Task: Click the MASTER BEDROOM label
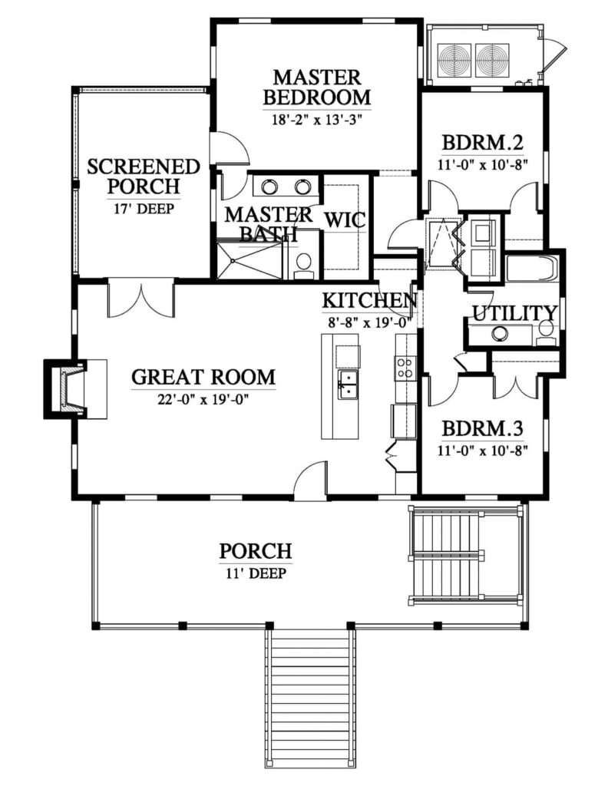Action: pyautogui.click(x=317, y=87)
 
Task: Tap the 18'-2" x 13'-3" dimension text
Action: pyautogui.click(x=317, y=121)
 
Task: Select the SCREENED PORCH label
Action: pyautogui.click(x=144, y=176)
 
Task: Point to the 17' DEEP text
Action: pyautogui.click(x=143, y=209)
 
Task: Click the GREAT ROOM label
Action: pyautogui.click(x=203, y=376)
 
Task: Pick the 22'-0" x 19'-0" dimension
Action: pyautogui.click(x=203, y=399)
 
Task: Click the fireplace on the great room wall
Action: pyautogui.click(x=75, y=388)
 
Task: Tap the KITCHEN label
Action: pyautogui.click(x=370, y=300)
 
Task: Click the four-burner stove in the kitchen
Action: pyautogui.click(x=404, y=367)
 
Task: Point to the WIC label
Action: pyautogui.click(x=345, y=220)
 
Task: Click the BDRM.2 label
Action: pyautogui.click(x=483, y=143)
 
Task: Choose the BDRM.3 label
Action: pyautogui.click(x=483, y=428)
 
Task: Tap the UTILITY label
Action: pyautogui.click(x=515, y=313)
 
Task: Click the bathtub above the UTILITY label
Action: pyautogui.click(x=532, y=269)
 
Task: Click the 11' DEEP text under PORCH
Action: pyautogui.click(x=256, y=573)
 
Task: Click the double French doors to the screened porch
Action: pyautogui.click(x=141, y=301)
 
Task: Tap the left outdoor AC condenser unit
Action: pyautogui.click(x=454, y=60)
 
